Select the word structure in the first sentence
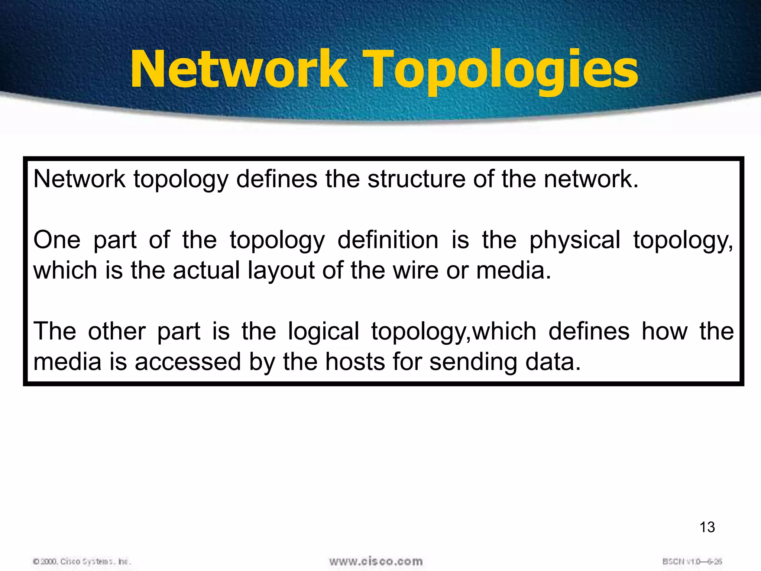[416, 179]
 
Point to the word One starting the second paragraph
[57, 240]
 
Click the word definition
[388, 240]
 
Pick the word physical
[575, 241]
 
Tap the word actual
[206, 270]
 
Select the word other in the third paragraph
[117, 331]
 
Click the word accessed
[188, 362]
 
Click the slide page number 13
[707, 527]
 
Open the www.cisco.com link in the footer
[376, 561]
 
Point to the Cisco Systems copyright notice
[82, 561]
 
